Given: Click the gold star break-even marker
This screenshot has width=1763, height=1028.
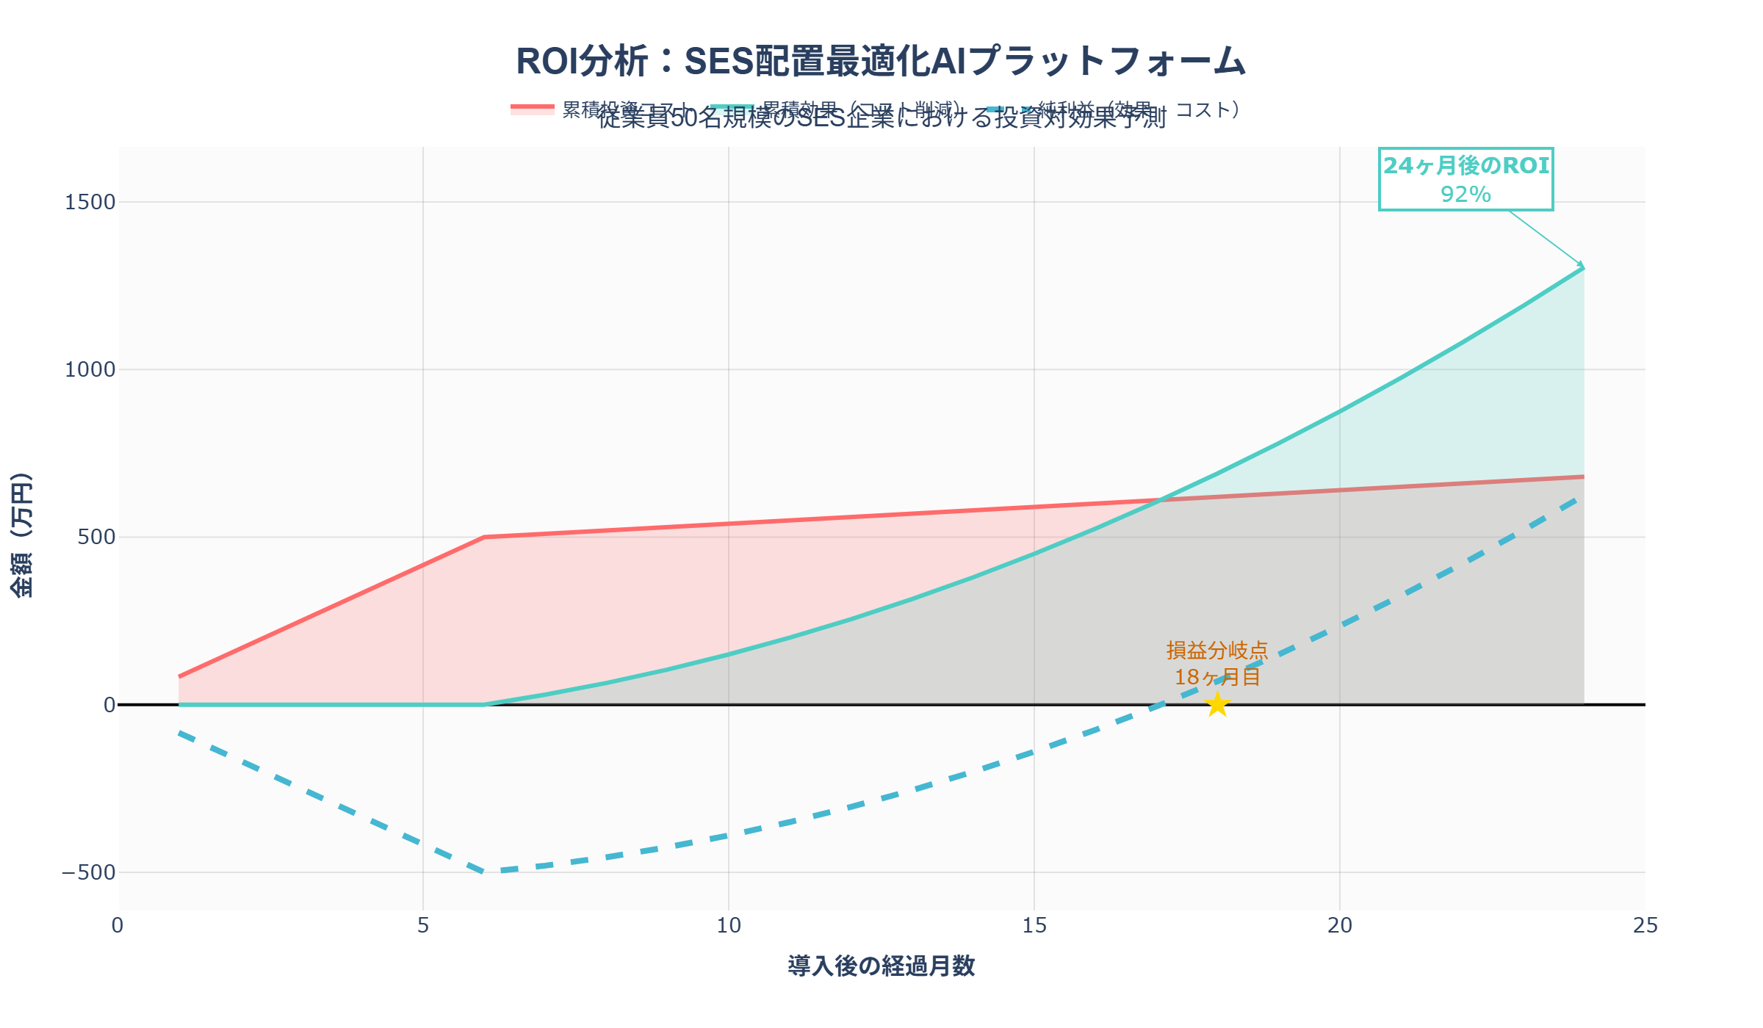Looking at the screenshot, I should click(x=1217, y=704).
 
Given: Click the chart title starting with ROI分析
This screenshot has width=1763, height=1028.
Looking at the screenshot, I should click(x=880, y=61).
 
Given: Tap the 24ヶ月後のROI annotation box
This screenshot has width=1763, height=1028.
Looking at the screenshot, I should click(x=1465, y=179).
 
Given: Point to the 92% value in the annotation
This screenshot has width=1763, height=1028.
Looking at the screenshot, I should click(x=1465, y=195).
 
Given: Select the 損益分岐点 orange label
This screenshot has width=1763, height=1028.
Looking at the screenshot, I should click(x=1217, y=651).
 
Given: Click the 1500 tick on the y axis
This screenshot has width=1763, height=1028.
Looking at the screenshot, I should click(x=90, y=202).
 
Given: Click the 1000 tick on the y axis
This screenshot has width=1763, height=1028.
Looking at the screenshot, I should click(x=90, y=369).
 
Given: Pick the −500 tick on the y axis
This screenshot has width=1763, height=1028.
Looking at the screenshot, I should click(x=88, y=872).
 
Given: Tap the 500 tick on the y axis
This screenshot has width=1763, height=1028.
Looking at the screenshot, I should click(x=96, y=537).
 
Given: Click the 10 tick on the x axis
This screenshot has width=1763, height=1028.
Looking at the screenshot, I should click(x=728, y=926).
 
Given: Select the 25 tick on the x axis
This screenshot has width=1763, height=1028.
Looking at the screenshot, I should click(x=1645, y=926).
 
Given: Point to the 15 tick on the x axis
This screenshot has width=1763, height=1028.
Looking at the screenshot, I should click(x=1034, y=926).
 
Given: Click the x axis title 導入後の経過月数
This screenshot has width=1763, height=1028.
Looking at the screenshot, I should click(x=881, y=966).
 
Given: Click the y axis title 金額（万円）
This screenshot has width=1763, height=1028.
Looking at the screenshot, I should click(x=22, y=535).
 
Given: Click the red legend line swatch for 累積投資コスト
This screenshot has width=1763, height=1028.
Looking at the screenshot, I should click(x=532, y=109).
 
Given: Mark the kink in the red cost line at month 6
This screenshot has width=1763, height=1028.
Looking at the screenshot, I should click(x=484, y=537).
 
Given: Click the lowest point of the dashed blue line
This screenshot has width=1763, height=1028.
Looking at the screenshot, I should click(x=484, y=872).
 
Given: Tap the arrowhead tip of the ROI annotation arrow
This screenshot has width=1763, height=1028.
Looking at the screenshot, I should click(x=1583, y=267).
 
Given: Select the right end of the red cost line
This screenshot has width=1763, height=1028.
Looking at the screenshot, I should click(x=1583, y=477).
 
